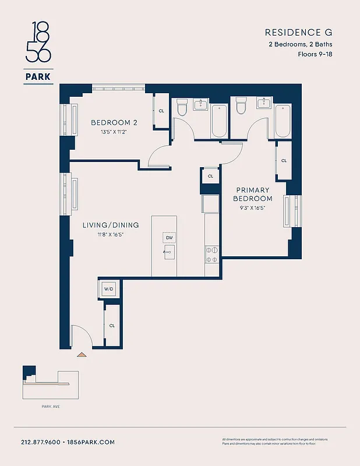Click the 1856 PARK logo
37,52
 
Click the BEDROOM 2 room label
114,122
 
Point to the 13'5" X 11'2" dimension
114,132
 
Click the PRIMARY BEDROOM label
253,194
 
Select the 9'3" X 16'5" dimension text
253,208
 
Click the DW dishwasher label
170,238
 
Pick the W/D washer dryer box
109,288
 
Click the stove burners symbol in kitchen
211,254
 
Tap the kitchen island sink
169,252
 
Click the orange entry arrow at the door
82,354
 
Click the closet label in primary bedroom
284,160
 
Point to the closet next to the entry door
112,326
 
